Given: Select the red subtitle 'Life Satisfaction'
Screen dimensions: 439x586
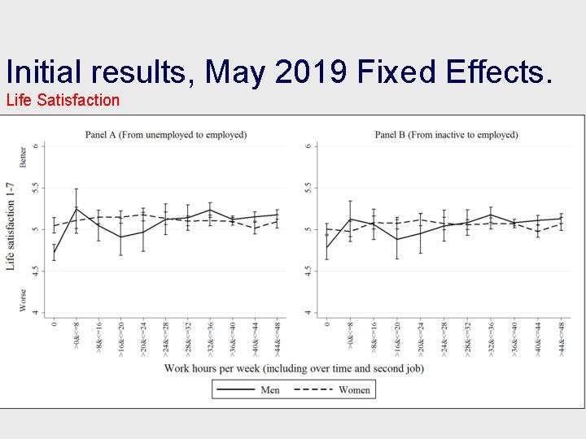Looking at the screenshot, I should point(63,100).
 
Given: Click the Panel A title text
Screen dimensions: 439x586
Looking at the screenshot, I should point(166,134).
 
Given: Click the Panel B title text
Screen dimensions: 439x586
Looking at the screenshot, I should point(446,134).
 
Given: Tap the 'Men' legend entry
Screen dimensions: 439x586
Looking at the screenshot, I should point(270,389).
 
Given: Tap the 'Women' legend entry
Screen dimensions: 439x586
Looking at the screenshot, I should point(353,389).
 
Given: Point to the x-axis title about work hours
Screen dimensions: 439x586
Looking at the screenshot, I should point(294,368).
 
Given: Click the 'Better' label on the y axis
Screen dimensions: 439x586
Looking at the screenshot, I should point(23,155).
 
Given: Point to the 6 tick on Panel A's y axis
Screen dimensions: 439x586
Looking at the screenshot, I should point(34,146).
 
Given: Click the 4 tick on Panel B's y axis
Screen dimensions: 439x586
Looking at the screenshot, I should point(308,313).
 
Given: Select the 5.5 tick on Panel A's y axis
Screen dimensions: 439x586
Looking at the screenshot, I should point(34,187).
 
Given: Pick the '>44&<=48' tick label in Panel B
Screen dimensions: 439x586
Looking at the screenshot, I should point(562,336).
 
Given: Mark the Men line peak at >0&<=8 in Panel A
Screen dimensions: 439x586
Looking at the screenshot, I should point(77,209).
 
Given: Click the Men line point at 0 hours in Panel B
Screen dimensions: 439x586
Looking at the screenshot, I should point(326,246).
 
